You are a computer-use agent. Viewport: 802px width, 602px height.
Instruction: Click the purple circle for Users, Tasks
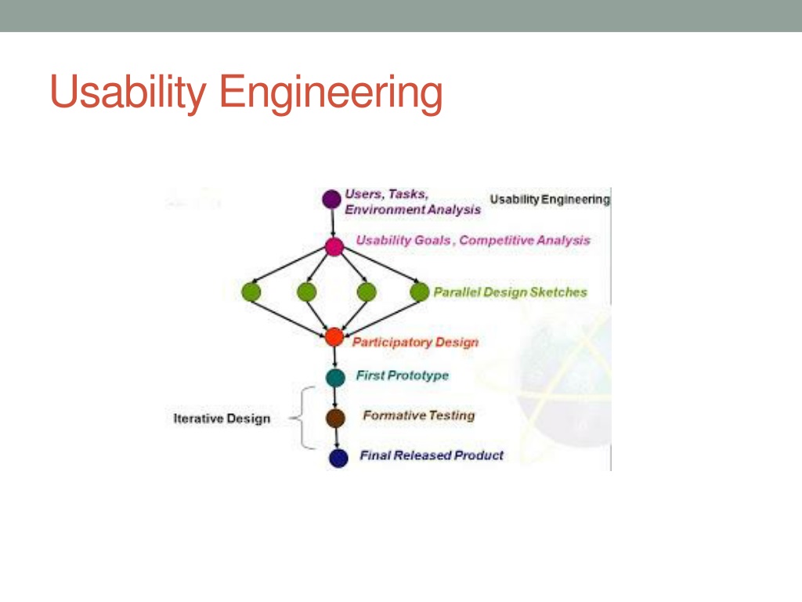332,199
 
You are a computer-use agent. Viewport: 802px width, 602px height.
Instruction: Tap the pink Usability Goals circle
334,247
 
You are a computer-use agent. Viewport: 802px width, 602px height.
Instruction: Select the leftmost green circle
251,292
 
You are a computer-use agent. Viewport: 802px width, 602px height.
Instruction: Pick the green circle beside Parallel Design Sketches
421,292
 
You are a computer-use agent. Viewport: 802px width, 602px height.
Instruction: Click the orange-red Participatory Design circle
334,338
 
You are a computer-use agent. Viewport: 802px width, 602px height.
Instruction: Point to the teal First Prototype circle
336,378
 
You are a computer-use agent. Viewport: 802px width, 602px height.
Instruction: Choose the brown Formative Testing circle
336,418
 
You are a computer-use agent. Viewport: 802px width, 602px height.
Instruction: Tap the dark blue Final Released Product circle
338,459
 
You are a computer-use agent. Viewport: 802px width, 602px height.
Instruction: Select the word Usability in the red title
128,93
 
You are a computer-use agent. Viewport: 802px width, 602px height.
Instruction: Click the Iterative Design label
222,419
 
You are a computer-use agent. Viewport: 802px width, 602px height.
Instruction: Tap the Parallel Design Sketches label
510,292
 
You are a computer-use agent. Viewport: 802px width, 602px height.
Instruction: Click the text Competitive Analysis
525,241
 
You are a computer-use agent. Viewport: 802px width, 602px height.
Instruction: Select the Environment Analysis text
413,210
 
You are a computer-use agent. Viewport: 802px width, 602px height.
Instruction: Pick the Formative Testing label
419,415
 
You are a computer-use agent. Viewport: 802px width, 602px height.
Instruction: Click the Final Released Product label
432,455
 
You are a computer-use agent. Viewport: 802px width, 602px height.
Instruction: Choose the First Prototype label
403,375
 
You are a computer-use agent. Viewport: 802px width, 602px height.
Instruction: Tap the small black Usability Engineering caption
549,200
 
